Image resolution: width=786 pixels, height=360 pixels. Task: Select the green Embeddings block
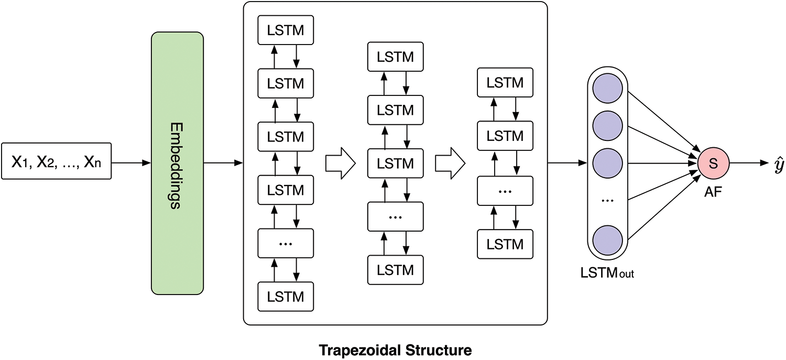(177, 163)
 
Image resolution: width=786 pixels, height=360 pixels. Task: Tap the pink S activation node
(713, 163)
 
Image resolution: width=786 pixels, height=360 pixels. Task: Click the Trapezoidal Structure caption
(396, 348)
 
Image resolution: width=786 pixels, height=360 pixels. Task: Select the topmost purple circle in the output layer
(607, 87)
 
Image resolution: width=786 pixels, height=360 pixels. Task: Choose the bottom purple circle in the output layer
(607, 239)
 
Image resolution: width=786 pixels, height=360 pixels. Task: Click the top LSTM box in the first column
(286, 30)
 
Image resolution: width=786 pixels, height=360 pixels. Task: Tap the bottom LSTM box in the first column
(286, 297)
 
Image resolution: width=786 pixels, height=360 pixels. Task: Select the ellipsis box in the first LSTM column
(286, 243)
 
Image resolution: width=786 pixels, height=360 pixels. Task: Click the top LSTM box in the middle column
(396, 57)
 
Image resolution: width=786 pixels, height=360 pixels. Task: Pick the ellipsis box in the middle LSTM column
(396, 216)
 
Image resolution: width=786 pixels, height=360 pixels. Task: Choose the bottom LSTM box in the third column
(505, 244)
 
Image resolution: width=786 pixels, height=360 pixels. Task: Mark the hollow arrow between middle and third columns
(451, 163)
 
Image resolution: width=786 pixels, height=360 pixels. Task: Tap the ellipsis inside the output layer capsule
(607, 201)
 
